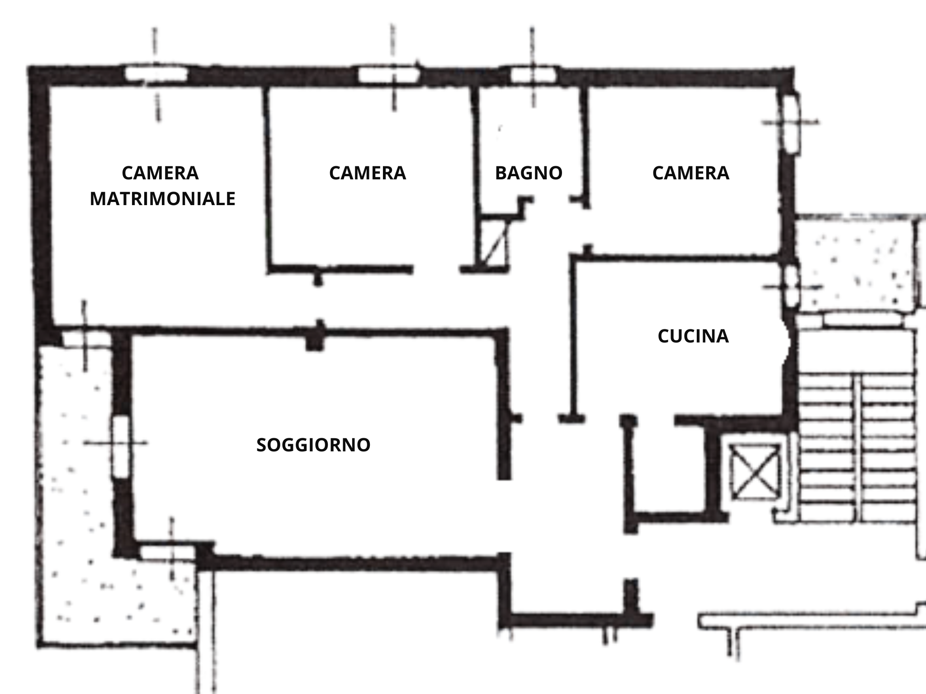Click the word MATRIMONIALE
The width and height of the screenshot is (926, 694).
click(163, 199)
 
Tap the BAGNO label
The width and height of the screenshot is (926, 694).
click(529, 173)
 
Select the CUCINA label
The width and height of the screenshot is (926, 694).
click(693, 336)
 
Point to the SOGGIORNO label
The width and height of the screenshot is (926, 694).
click(313, 445)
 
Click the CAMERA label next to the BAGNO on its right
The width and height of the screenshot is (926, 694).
click(691, 173)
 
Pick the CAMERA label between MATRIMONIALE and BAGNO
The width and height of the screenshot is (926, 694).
click(368, 173)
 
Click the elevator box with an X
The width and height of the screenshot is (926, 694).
click(755, 472)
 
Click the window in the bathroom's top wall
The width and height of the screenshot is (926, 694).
click(533, 75)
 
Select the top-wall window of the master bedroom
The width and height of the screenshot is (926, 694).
click(156, 74)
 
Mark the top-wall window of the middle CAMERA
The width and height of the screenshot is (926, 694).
click(389, 75)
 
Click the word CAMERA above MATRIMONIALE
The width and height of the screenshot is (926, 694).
click(160, 173)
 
